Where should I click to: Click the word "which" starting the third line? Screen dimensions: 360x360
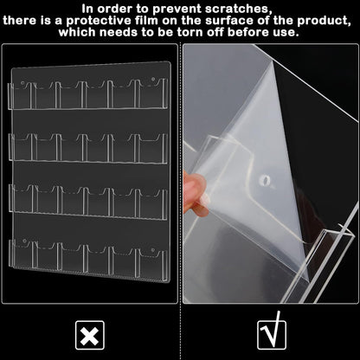(80, 32)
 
